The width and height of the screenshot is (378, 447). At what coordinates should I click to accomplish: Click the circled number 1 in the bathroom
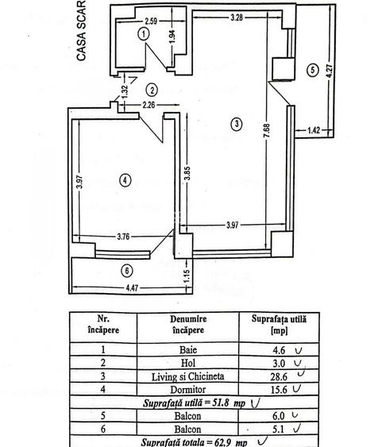[x=144, y=34]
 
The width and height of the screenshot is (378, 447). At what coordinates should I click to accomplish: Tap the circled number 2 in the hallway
[x=152, y=90]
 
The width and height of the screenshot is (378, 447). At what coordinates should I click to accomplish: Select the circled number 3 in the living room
[x=237, y=124]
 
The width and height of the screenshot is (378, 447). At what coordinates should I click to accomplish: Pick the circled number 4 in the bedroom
[x=125, y=180]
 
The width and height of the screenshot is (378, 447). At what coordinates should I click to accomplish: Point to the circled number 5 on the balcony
[x=312, y=70]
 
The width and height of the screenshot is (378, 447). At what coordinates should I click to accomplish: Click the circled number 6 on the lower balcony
[x=127, y=270]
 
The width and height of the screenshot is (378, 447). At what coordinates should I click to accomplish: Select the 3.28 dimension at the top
[x=237, y=17]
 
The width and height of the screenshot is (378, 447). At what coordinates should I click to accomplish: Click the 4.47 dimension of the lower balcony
[x=132, y=288]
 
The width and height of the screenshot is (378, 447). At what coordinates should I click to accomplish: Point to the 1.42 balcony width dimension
[x=314, y=130]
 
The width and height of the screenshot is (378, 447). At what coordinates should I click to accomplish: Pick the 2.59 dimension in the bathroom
[x=151, y=21]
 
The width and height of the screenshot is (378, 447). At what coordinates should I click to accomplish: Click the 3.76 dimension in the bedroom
[x=123, y=237]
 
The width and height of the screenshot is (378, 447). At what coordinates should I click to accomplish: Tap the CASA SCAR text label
[x=81, y=30]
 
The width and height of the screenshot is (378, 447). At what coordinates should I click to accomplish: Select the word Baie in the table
[x=188, y=349]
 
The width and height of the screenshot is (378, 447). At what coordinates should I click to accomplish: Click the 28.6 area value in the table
[x=279, y=376]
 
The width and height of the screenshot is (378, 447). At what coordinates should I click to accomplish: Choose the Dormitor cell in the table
[x=188, y=389]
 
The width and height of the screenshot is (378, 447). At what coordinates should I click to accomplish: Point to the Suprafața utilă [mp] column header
[x=279, y=325]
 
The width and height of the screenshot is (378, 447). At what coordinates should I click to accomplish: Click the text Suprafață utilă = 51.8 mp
[x=194, y=403]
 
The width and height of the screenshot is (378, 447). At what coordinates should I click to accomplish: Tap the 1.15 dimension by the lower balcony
[x=187, y=276]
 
